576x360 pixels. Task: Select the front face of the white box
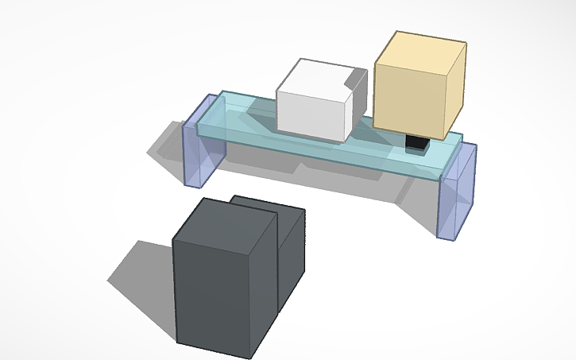[x=310, y=115]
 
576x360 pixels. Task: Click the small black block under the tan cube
[x=416, y=144]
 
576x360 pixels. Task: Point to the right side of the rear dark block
[x=292, y=254]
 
